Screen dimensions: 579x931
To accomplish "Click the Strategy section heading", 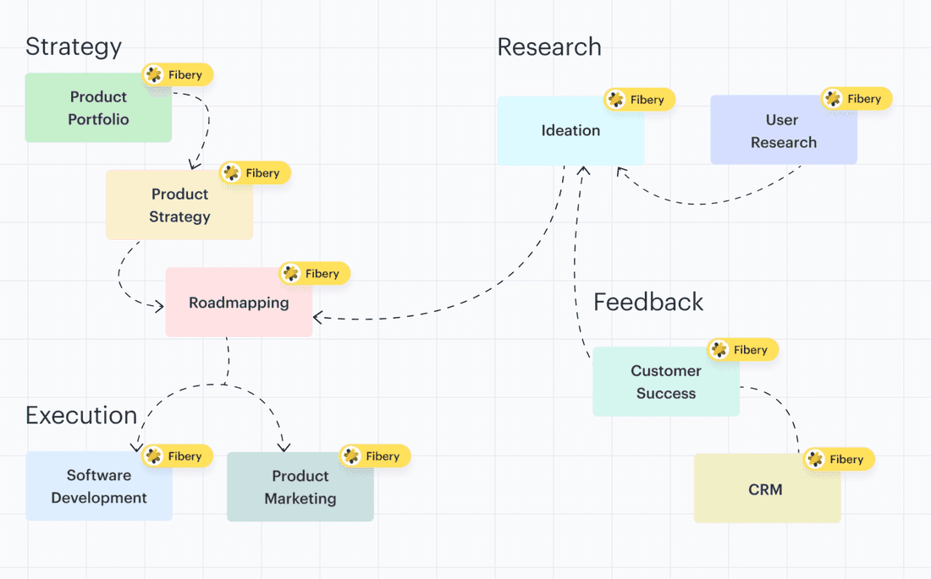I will [x=74, y=46].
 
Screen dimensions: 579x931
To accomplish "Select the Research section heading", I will [x=549, y=46].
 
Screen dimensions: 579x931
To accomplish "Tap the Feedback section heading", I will [x=648, y=302].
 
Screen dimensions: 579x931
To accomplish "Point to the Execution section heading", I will [x=81, y=415].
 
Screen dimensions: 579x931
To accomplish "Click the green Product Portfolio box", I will [x=98, y=108].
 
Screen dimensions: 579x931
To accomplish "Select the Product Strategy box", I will [x=179, y=205].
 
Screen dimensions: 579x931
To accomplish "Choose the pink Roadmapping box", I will [x=239, y=303].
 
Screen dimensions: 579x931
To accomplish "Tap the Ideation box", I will [x=570, y=131].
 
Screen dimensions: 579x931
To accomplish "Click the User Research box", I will [x=783, y=131].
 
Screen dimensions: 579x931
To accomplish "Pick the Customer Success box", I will [x=665, y=382].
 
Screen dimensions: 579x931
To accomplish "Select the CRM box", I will [x=766, y=489].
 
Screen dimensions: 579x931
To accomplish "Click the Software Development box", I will [x=99, y=487].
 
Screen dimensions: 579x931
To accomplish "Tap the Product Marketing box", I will [x=300, y=488].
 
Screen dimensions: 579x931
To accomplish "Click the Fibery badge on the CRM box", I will [x=837, y=459].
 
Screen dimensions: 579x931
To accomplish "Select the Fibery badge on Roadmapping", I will [x=313, y=273].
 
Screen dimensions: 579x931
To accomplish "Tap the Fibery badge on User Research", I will [x=856, y=99].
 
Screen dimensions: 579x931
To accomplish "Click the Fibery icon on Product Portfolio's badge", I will [x=154, y=74].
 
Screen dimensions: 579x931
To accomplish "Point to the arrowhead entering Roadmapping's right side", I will [x=318, y=318].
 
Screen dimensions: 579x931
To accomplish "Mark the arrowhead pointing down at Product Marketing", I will [x=284, y=446].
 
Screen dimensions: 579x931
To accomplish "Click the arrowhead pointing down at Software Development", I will [x=136, y=446].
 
